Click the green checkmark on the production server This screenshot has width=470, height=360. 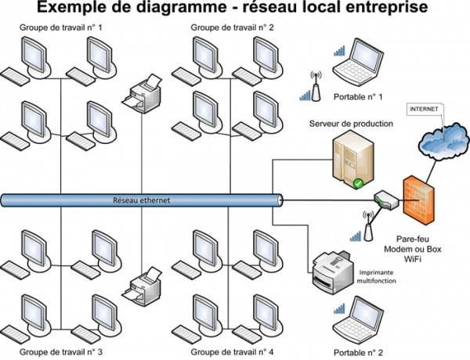click(357, 183)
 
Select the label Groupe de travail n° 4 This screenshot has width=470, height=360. click(233, 352)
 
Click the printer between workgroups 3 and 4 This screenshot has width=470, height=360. click(142, 285)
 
